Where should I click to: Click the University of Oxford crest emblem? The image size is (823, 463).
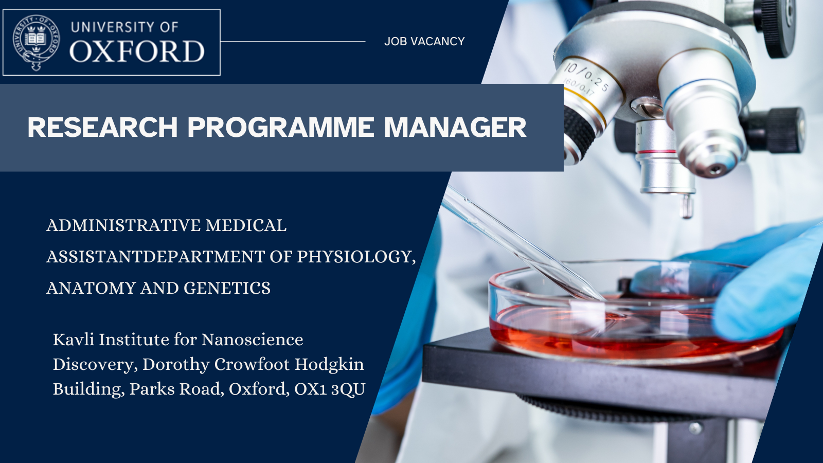tap(36, 42)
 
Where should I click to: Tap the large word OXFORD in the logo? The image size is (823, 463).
tap(137, 51)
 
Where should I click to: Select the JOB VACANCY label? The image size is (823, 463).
tap(424, 41)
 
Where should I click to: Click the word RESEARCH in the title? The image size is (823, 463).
tap(102, 127)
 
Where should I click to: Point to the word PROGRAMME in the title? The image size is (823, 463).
tap(281, 127)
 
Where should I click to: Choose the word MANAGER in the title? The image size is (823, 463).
tap(455, 127)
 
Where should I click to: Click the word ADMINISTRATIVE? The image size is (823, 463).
tap(123, 225)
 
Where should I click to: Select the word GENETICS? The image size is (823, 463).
tap(227, 288)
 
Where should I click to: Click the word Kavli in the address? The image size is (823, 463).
tap(74, 339)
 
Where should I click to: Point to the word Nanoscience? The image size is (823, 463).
tap(253, 340)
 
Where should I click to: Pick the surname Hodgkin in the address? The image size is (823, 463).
tap(329, 365)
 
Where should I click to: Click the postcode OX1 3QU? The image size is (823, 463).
tap(330, 389)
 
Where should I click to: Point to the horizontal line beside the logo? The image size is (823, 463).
tap(293, 42)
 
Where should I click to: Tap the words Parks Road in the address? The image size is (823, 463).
tap(176, 389)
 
